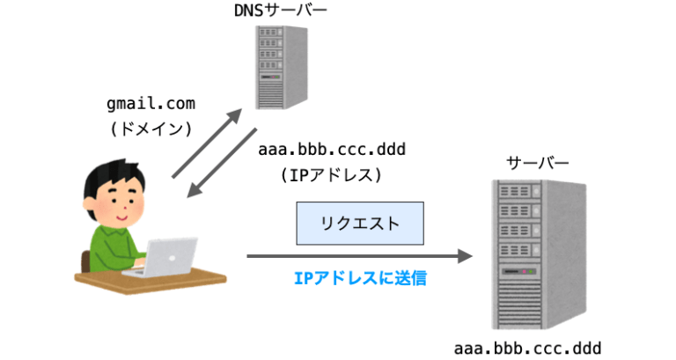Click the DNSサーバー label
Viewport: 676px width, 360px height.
(280, 11)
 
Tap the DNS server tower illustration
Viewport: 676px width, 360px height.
(282, 68)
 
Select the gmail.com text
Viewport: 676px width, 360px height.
(151, 104)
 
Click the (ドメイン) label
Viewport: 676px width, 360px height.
(151, 129)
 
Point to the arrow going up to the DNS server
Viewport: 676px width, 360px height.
(207, 143)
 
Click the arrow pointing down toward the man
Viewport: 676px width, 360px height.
(222, 163)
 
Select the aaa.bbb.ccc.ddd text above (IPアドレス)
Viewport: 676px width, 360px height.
(332, 150)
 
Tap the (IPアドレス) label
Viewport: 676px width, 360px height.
(332, 175)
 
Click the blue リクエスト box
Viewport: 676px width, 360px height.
(360, 224)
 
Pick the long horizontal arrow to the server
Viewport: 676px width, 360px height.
(359, 256)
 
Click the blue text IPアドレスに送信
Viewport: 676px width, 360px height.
(360, 278)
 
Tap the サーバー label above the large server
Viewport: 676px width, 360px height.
(538, 163)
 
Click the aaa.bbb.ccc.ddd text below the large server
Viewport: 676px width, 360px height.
(528, 349)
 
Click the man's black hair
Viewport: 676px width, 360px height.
(114, 177)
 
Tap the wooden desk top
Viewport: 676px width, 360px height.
(151, 279)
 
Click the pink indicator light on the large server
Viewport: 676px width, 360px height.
(525, 272)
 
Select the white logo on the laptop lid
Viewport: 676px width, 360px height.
(172, 258)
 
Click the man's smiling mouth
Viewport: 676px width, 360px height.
(121, 217)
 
